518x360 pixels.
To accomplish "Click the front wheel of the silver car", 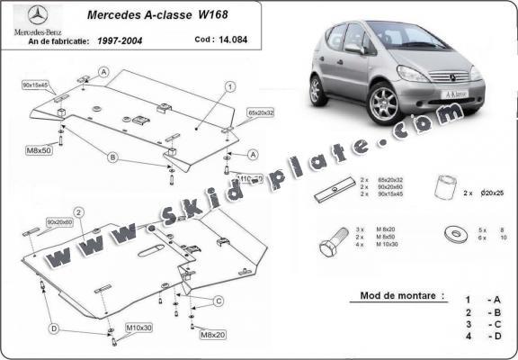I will (383, 103).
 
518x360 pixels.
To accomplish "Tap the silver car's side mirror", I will (353, 49).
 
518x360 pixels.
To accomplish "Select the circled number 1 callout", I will (230, 86).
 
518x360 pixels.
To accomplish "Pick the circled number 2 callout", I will (79, 212).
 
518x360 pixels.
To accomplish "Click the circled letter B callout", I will (112, 157).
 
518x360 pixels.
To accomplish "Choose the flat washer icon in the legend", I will (455, 235).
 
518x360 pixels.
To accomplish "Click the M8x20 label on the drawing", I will (211, 335).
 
